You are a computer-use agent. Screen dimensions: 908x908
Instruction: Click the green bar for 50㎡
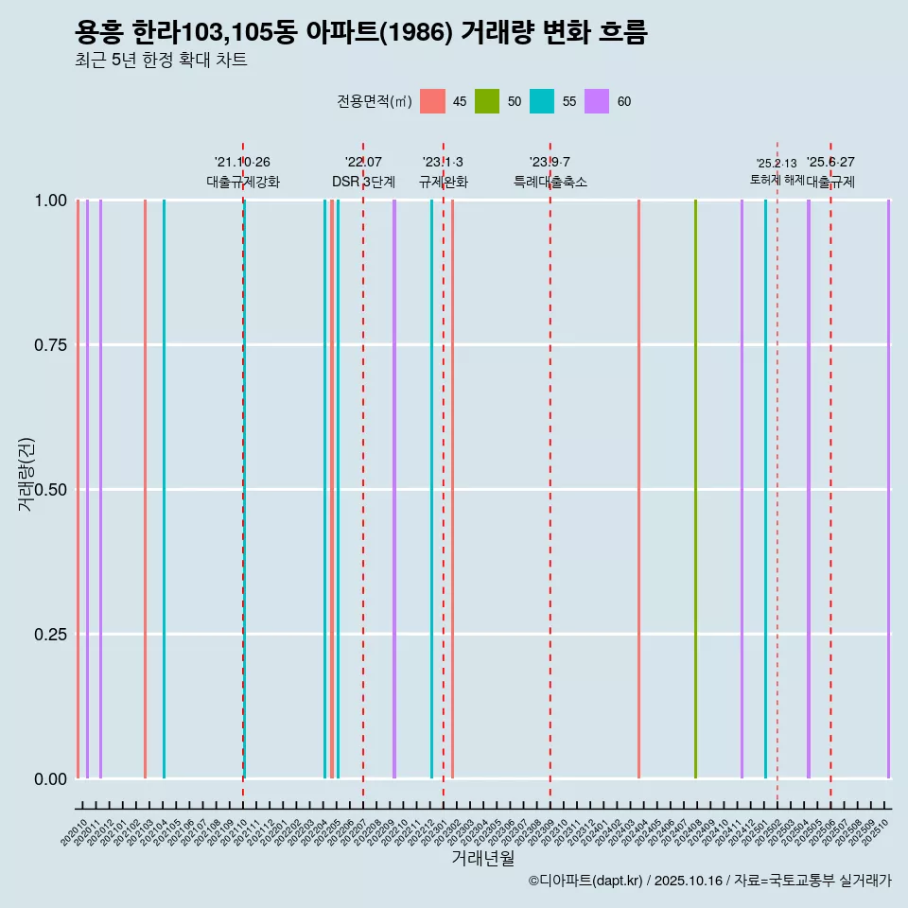695,489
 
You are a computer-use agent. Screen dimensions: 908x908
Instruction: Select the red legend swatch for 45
432,101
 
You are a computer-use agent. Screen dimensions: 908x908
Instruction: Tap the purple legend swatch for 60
597,101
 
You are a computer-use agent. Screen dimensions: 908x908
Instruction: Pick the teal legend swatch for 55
542,101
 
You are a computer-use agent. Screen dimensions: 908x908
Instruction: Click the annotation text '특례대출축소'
550,182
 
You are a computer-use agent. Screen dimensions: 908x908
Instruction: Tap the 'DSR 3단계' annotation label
363,182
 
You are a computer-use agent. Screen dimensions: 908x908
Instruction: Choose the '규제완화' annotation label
443,182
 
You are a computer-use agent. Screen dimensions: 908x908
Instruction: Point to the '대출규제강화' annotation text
243,182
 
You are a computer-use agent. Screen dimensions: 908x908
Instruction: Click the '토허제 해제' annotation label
777,179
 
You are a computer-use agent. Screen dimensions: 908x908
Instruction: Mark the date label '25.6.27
830,162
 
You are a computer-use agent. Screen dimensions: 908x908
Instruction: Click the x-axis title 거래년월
482,858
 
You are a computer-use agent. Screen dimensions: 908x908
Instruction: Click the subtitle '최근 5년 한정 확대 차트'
161,61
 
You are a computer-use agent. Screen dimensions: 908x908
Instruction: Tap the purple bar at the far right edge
888,489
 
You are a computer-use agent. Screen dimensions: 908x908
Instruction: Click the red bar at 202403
638,489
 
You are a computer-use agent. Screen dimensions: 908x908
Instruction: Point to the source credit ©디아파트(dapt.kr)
585,881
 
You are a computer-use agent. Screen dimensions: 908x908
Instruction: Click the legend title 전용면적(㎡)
374,101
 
